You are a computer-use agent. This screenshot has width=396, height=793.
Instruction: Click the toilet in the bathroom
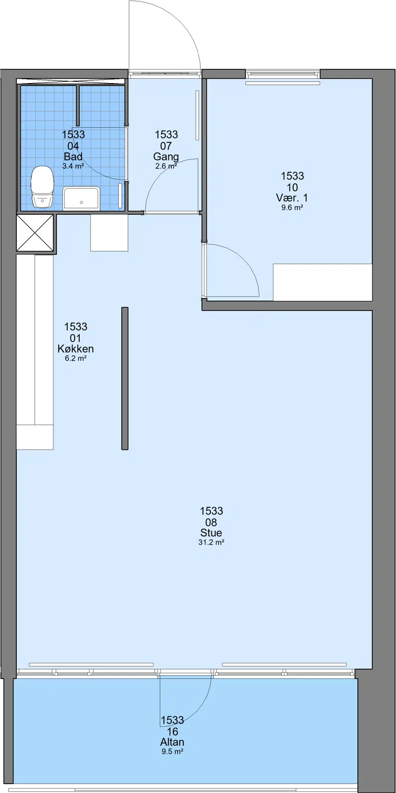[42, 187]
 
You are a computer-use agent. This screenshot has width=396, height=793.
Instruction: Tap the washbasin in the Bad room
[81, 198]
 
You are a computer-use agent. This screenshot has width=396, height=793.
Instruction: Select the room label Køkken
[76, 348]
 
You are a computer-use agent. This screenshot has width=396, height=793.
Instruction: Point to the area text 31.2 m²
[211, 542]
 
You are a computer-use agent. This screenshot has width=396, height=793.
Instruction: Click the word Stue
[211, 533]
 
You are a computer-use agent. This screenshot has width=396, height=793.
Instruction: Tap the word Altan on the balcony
[172, 742]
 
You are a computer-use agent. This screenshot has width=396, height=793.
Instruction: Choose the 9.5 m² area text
[172, 751]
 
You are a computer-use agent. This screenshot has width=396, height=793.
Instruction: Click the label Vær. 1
[292, 198]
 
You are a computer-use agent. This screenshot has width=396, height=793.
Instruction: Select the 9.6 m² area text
[292, 207]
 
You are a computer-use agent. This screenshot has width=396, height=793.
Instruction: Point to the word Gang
[166, 156]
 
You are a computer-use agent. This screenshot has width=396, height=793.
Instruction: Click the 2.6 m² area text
[166, 166]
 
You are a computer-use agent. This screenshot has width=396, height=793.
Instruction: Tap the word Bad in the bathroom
[73, 156]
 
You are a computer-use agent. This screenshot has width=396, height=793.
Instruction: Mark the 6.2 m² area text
[76, 358]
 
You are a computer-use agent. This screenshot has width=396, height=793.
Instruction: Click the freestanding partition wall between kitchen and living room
[125, 379]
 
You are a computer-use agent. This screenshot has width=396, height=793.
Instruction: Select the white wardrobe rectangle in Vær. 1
[322, 282]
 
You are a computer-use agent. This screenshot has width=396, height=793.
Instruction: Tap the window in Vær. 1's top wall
[283, 74]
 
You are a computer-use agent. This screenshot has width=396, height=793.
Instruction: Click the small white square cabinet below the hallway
[109, 233]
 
